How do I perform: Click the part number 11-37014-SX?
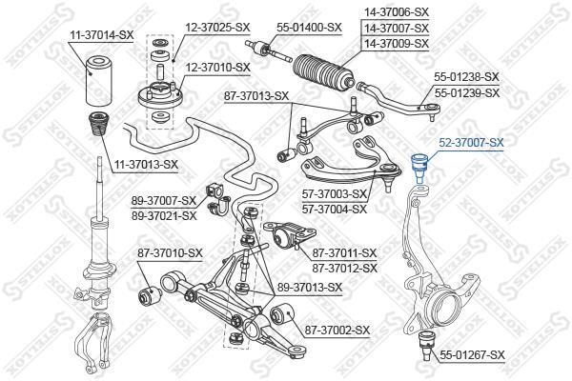coord(102,35)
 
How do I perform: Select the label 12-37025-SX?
coord(217,27)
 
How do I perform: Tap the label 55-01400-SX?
coord(309,28)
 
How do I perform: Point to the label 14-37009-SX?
coord(397,44)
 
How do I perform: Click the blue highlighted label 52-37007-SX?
coord(471,143)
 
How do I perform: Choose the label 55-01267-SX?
coord(473,354)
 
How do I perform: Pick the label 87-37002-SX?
coord(337,331)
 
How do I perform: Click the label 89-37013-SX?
coord(310,288)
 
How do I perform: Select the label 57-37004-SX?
coord(335,209)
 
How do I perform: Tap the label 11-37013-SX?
coord(146,165)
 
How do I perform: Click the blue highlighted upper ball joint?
coord(419,168)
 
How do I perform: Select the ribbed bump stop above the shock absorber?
coord(98,126)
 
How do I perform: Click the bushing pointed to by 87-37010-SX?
coord(150,295)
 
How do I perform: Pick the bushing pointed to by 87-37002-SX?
coord(281,314)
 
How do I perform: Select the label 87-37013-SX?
coord(256,96)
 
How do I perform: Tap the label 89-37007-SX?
coord(164,200)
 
